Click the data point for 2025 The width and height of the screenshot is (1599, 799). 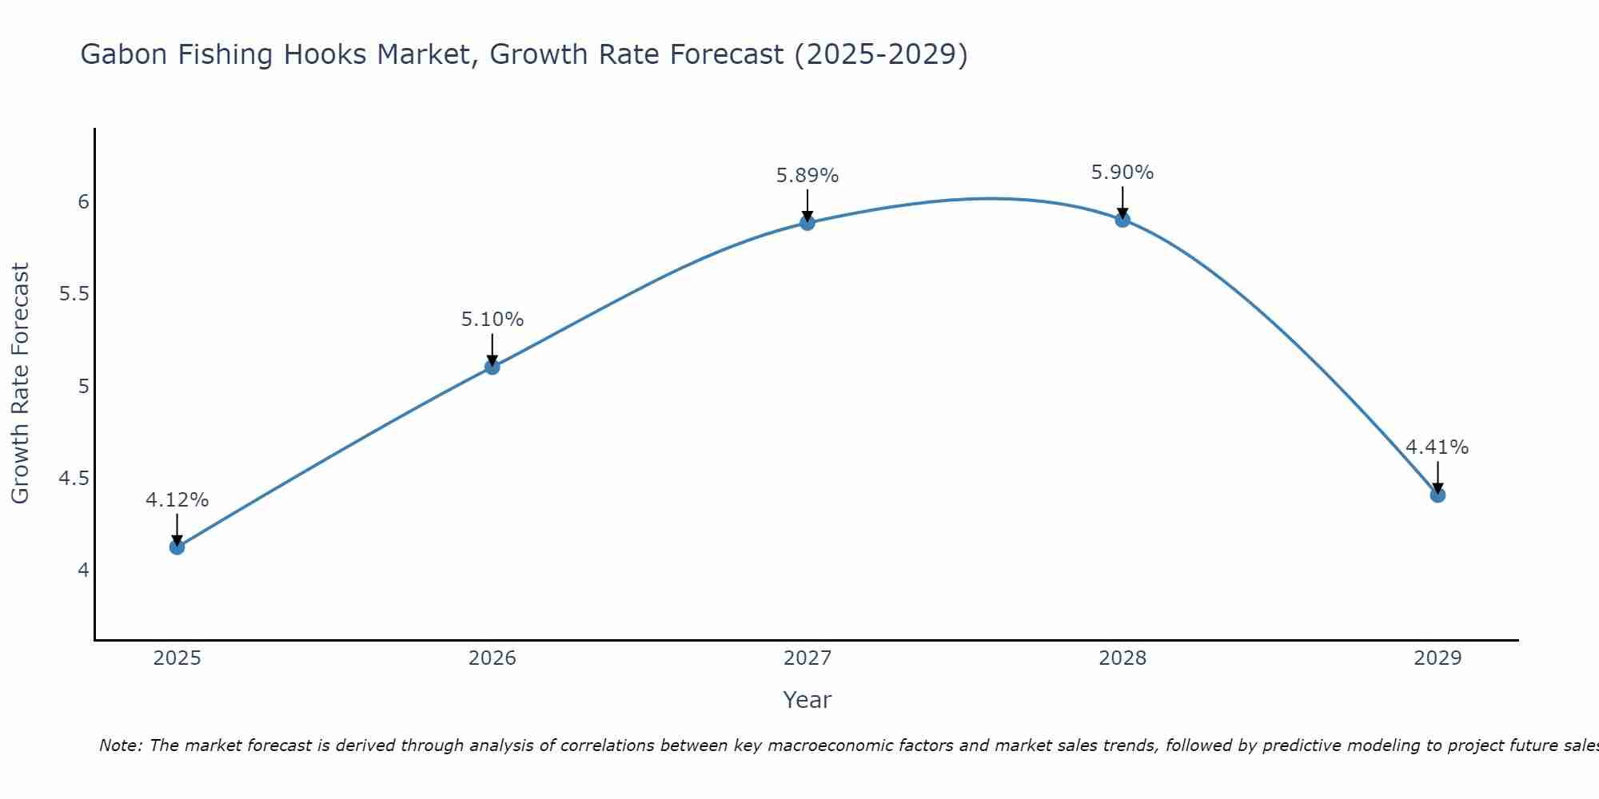click(x=177, y=547)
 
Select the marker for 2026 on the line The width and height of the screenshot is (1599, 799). click(x=492, y=367)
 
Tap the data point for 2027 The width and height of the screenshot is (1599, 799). click(x=807, y=223)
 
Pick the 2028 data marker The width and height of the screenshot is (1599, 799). click(x=1122, y=220)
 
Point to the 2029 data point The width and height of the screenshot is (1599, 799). click(x=1438, y=495)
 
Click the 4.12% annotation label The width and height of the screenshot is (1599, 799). click(x=177, y=500)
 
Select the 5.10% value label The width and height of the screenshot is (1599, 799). click(x=492, y=320)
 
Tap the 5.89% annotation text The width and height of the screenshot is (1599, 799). click(x=807, y=176)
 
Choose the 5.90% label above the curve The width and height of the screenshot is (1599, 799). click(x=1122, y=173)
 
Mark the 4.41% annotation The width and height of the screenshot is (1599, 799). click(x=1438, y=447)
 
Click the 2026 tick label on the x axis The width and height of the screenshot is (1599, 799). click(x=492, y=658)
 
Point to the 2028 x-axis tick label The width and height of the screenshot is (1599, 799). click(x=1122, y=658)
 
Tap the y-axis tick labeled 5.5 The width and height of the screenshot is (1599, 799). click(x=74, y=294)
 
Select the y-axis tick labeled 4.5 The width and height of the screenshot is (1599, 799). click(x=74, y=479)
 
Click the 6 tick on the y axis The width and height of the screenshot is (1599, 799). click(x=83, y=202)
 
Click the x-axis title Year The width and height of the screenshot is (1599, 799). click(x=807, y=700)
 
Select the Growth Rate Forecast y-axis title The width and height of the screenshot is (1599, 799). click(x=21, y=384)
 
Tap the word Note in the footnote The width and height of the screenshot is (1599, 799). click(x=120, y=745)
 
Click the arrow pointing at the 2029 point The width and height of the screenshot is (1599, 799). click(x=1438, y=478)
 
